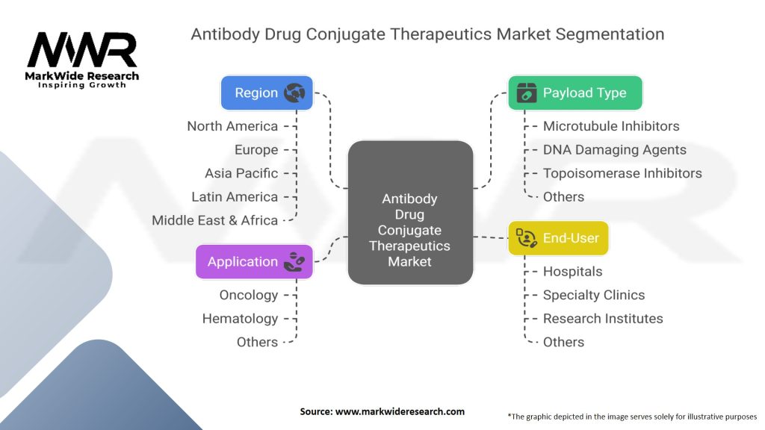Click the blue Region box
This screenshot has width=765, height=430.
point(266,93)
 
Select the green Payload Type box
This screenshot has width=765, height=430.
point(574,93)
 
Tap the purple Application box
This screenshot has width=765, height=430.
point(254,262)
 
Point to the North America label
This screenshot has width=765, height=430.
point(232,126)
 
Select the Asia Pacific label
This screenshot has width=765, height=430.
point(241,173)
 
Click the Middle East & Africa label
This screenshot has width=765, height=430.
point(215,220)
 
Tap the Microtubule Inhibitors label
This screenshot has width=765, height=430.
point(611,126)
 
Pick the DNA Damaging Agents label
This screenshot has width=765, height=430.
point(614,150)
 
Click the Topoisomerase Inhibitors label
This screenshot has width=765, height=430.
point(622,173)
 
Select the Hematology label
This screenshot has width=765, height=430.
point(240,319)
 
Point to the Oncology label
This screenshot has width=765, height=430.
point(248,295)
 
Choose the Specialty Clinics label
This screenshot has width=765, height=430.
point(594,295)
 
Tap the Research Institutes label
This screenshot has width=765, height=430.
point(603,319)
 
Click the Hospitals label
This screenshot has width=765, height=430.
point(572,272)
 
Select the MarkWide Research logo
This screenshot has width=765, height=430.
point(82,60)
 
